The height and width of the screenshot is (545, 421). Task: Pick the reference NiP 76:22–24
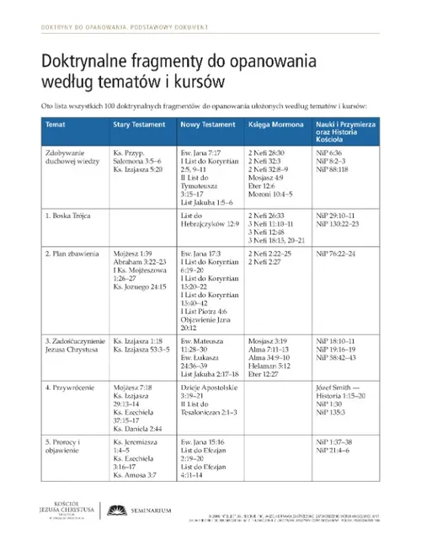click(335, 253)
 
